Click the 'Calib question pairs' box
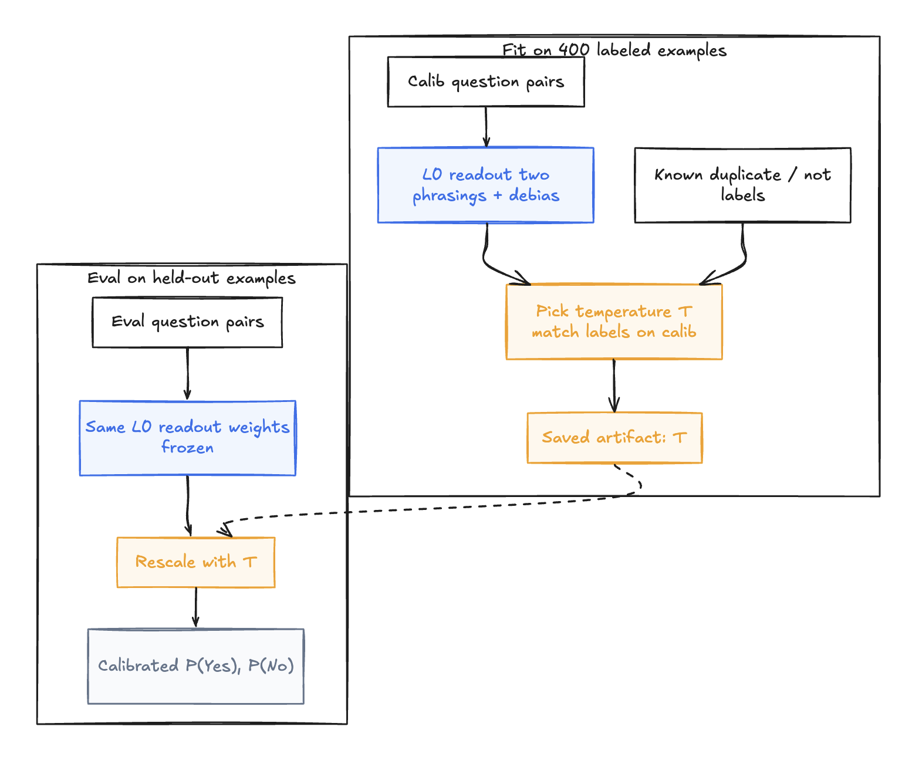486,82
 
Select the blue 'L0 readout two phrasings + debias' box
486,185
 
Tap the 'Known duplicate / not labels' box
742,185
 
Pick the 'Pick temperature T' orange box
614,322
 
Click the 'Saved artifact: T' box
614,438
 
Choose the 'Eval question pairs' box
187,322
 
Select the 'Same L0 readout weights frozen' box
188,438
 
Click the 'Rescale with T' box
195,562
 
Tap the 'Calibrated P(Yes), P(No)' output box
195,666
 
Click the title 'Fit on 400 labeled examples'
614,50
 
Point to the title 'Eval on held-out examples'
191,278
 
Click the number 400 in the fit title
574,49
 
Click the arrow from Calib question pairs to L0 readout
486,127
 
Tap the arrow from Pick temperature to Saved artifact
614,386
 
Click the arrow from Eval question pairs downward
187,374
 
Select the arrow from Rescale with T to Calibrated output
195,608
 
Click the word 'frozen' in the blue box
187,447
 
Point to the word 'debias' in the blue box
534,195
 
